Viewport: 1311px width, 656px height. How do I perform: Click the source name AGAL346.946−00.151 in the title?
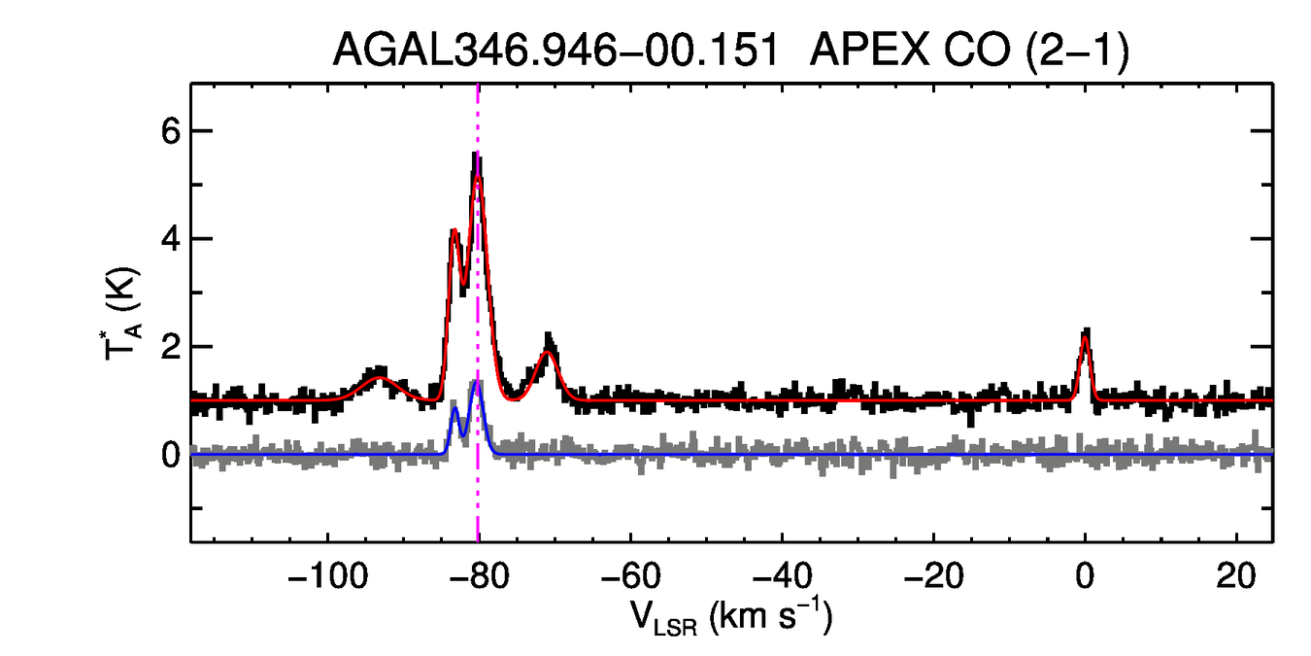point(555,51)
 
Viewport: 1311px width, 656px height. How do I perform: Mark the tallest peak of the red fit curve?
point(478,177)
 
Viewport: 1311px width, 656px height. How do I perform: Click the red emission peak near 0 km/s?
point(1085,337)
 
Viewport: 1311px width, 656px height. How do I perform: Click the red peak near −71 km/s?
point(548,353)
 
